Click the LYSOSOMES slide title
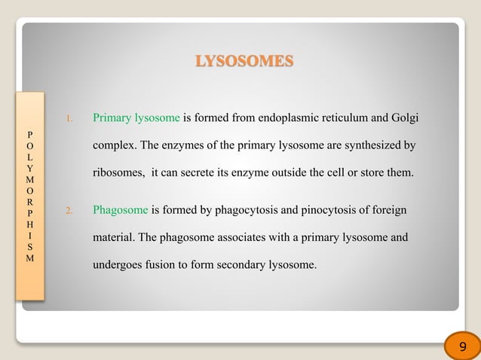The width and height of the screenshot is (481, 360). click(x=244, y=61)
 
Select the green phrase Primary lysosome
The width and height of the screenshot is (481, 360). click(x=136, y=118)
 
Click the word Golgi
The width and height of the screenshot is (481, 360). click(x=404, y=118)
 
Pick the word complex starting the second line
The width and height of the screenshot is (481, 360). click(x=113, y=145)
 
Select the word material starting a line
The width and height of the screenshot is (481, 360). click(x=113, y=237)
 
